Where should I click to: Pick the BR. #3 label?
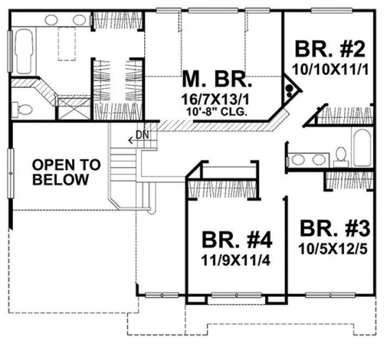(x=336, y=228)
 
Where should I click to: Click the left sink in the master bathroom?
(x=52, y=20)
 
